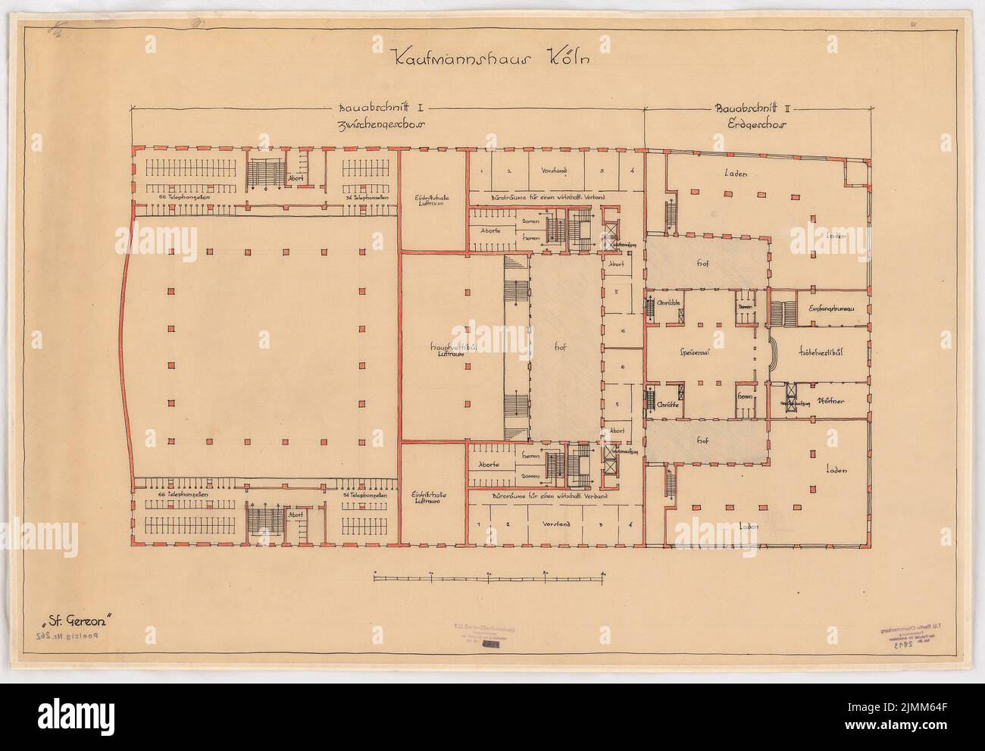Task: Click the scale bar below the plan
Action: (489, 578)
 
